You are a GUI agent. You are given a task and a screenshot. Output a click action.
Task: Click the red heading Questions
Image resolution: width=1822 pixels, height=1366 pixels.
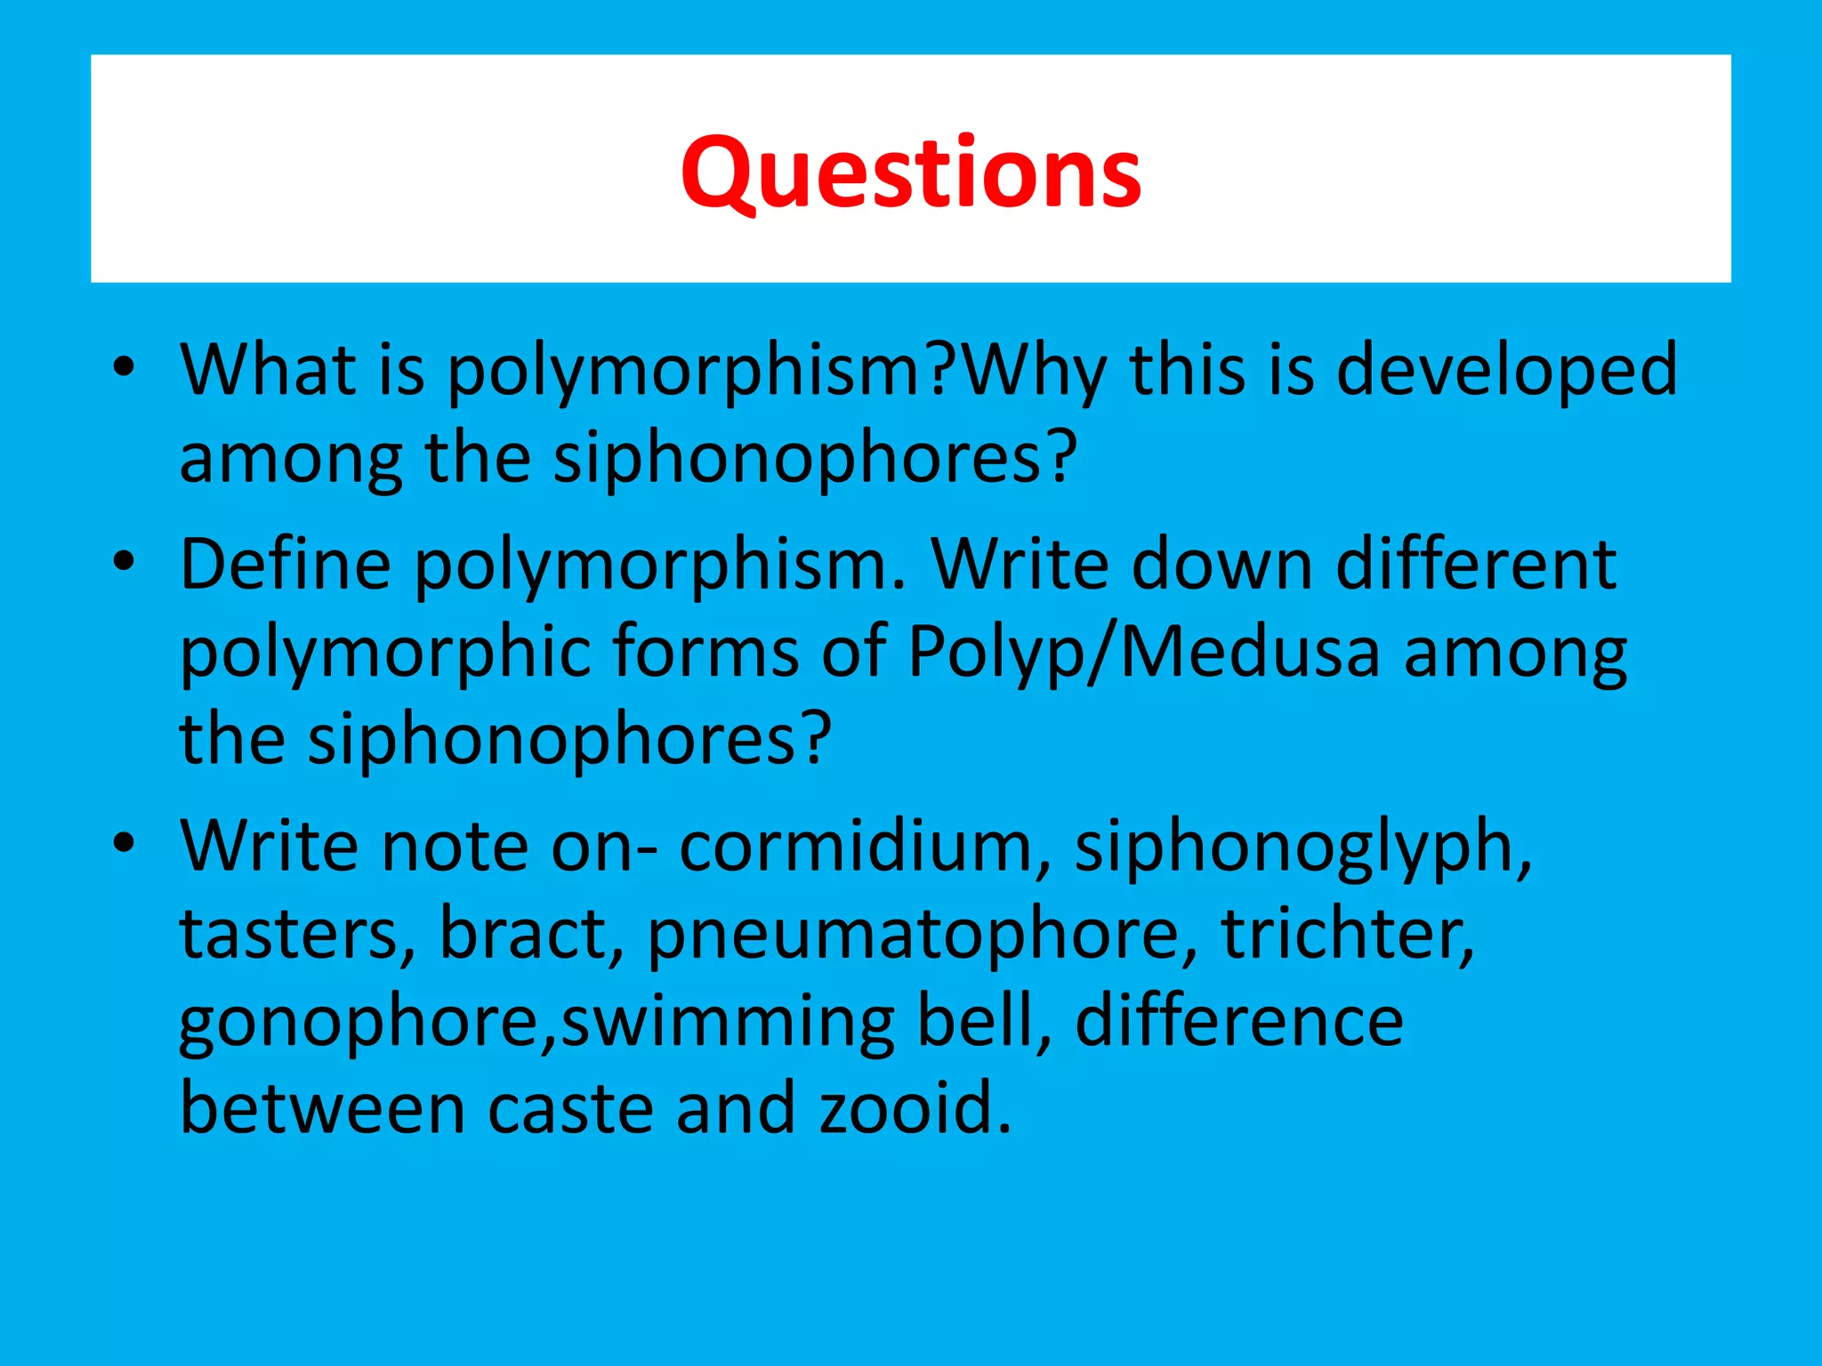[911, 173]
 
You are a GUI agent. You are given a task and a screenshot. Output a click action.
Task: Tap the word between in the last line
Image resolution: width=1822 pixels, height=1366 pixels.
[322, 1109]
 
